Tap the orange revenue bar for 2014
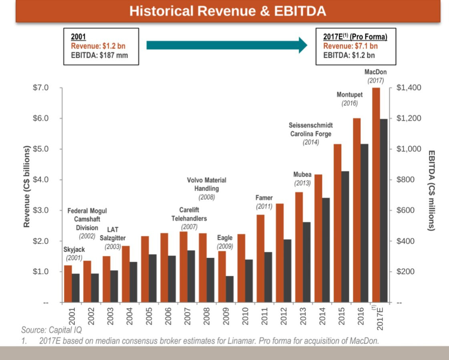click(x=318, y=238)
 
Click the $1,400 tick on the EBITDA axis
click(x=409, y=88)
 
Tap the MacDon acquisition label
click(x=375, y=72)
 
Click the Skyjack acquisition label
click(x=74, y=250)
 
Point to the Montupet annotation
click(x=349, y=95)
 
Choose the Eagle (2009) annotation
click(x=225, y=238)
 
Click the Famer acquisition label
click(x=264, y=198)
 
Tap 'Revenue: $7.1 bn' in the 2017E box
click(x=350, y=46)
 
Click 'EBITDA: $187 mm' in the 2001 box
click(x=99, y=55)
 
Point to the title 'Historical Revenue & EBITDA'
click(x=228, y=11)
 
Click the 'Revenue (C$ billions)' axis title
click(x=27, y=186)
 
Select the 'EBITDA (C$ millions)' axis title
click(x=431, y=190)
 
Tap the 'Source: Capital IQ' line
click(x=51, y=330)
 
